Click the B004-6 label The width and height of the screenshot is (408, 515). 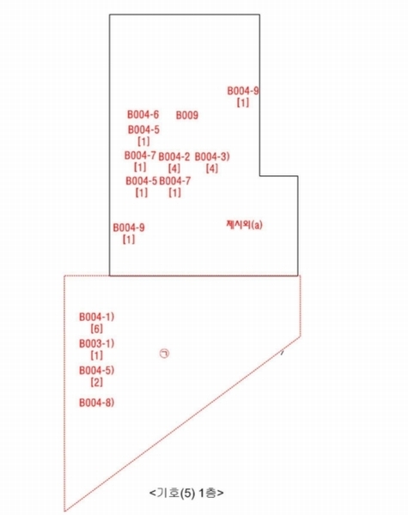(143, 115)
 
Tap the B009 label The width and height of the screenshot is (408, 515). (187, 115)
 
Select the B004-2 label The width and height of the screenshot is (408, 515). (174, 157)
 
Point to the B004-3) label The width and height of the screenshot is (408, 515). (212, 156)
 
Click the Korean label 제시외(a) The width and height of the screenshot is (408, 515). (244, 225)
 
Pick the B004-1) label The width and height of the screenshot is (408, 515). (97, 317)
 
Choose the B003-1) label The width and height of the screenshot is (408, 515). (97, 343)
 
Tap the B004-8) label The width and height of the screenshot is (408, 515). (97, 403)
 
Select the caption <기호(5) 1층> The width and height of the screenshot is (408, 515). (186, 493)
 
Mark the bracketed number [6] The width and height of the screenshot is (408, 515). (97, 329)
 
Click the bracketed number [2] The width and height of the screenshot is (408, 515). (97, 382)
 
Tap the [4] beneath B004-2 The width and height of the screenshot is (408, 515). (174, 168)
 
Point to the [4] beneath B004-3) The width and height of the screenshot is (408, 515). (212, 168)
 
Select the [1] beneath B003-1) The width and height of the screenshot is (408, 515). (97, 355)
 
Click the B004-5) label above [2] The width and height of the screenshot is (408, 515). (97, 371)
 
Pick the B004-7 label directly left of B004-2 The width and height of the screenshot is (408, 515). (140, 155)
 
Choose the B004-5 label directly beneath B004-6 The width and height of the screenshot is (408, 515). (143, 130)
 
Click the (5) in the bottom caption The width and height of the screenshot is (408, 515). (188, 493)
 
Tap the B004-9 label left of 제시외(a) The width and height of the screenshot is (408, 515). (129, 227)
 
